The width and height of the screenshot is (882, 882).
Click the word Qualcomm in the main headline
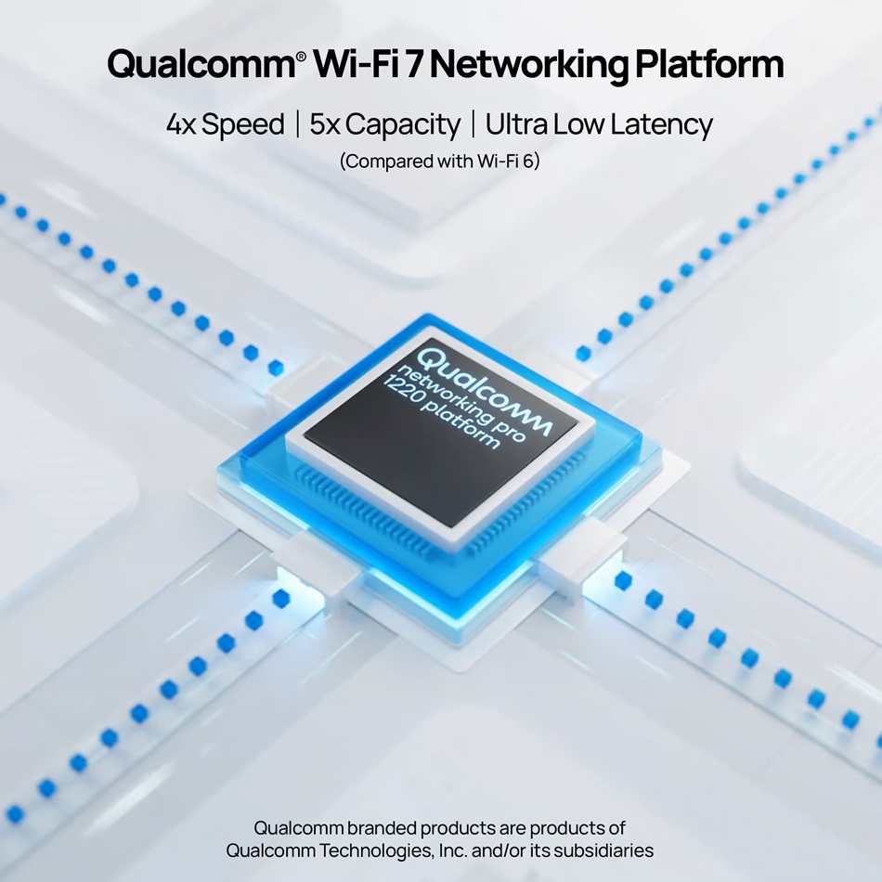201,65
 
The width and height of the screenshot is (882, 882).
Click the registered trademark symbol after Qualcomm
302,56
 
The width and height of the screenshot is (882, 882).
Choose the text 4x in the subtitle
180,124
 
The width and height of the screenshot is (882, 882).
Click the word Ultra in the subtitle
516,123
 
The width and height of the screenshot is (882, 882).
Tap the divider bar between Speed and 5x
298,124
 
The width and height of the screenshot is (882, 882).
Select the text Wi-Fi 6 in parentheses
505,162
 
